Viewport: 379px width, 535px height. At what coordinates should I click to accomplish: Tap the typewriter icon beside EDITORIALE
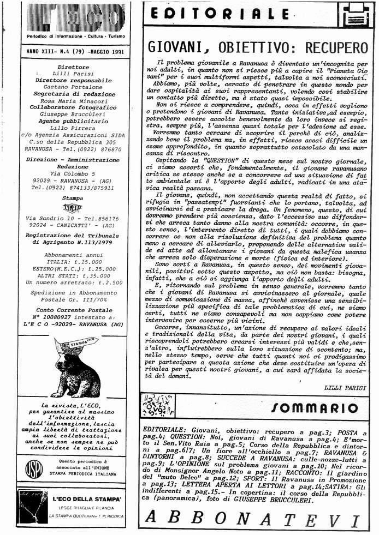point(355,15)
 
